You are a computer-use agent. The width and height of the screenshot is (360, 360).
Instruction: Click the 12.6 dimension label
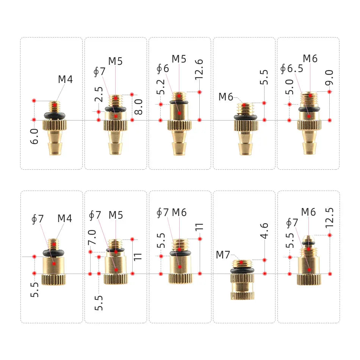(199, 69)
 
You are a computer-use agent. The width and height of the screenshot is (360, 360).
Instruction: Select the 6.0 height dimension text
(34, 136)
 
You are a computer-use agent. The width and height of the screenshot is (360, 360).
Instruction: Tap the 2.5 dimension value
(99, 94)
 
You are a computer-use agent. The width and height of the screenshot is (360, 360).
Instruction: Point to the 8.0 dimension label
(138, 107)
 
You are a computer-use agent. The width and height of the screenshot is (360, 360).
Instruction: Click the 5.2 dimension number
(161, 87)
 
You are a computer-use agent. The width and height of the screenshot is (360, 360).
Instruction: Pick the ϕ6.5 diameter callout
(292, 69)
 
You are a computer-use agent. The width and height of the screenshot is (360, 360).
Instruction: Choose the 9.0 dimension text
(329, 77)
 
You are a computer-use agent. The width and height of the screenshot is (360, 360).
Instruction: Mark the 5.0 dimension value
(290, 87)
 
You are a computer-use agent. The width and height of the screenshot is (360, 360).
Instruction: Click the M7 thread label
(223, 255)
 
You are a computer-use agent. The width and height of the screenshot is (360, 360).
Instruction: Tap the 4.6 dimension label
(264, 230)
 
